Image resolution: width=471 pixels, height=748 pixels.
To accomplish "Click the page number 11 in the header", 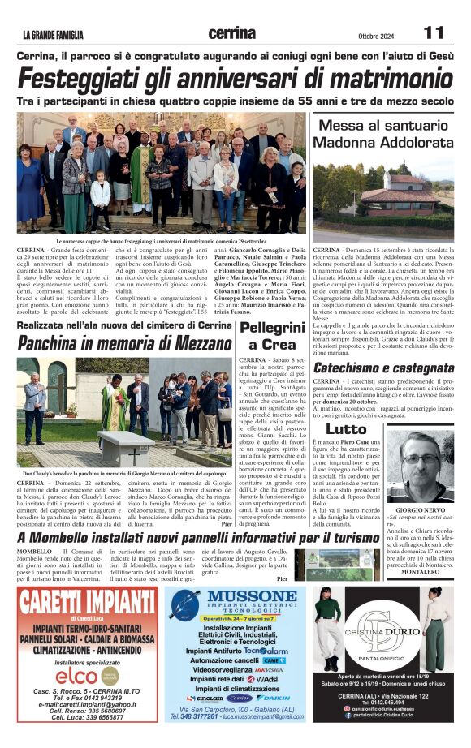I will point(433,32).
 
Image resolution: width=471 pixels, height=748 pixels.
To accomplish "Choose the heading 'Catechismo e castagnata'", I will point(383,368).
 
